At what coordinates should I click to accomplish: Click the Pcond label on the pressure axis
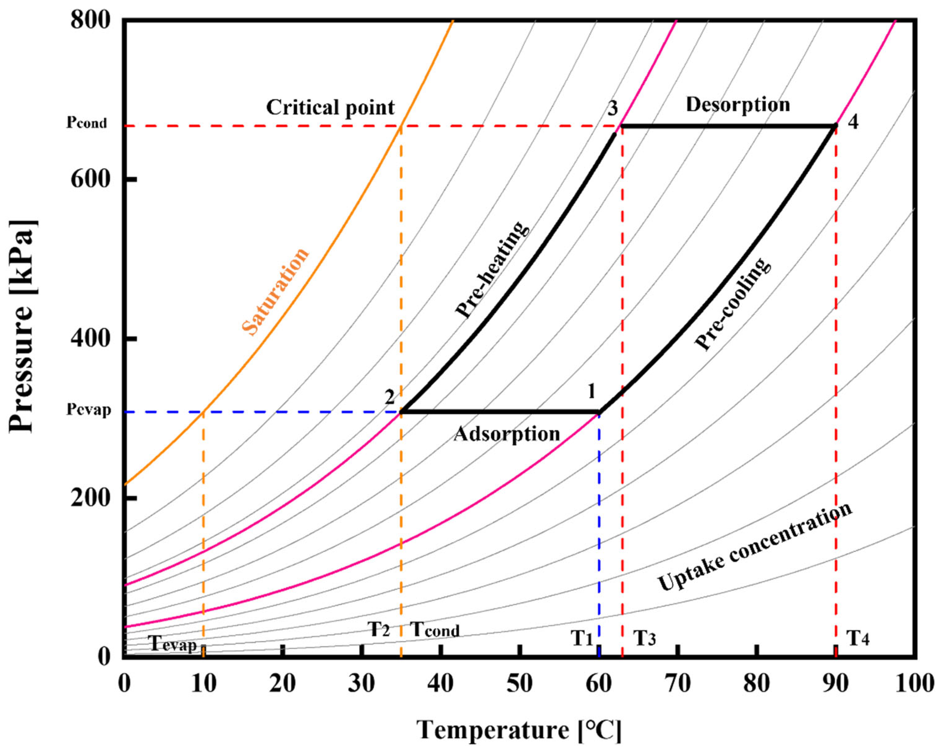coord(86,123)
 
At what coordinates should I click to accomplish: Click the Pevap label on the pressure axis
coord(88,410)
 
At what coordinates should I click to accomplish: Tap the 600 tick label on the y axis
coord(90,179)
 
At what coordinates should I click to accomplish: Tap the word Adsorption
coord(506,434)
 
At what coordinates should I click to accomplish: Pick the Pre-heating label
coord(492,270)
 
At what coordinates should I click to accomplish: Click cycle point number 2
coord(389,397)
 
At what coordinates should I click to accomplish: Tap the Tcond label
coord(435,630)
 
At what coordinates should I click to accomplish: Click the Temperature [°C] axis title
coord(519,730)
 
